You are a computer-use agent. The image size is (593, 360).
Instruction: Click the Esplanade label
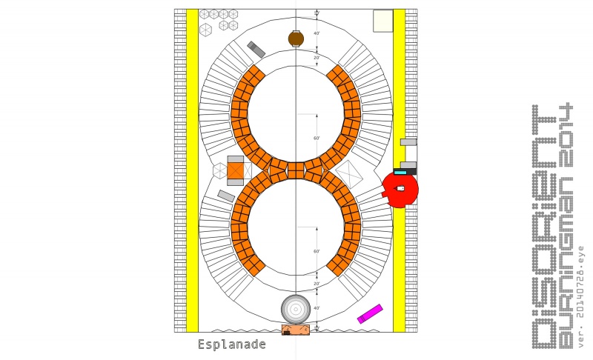point(231,344)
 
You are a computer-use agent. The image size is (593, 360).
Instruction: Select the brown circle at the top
point(296,39)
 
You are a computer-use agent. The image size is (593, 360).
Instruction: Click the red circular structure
point(401,189)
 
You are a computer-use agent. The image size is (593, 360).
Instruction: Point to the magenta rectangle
point(370,314)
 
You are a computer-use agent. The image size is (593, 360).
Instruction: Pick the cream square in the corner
point(382,21)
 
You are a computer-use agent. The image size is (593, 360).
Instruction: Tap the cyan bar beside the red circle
point(400,173)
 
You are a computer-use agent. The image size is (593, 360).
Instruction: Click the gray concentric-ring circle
point(295,308)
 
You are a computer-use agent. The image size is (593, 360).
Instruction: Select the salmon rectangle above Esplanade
point(295,330)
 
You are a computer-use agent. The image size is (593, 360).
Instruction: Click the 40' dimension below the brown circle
point(317,33)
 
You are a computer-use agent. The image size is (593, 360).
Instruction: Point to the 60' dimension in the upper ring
point(317,139)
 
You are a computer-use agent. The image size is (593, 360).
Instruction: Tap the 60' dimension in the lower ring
point(317,252)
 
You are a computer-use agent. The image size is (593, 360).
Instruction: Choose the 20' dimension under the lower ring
point(317,284)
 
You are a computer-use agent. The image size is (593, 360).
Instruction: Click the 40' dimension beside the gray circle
point(317,308)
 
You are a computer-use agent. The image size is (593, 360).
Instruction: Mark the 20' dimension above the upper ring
point(317,58)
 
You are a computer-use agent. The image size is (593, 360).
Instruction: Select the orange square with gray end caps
point(236,170)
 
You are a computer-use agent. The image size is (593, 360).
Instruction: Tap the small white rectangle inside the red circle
point(401,189)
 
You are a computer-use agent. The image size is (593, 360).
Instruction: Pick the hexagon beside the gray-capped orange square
point(219,170)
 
